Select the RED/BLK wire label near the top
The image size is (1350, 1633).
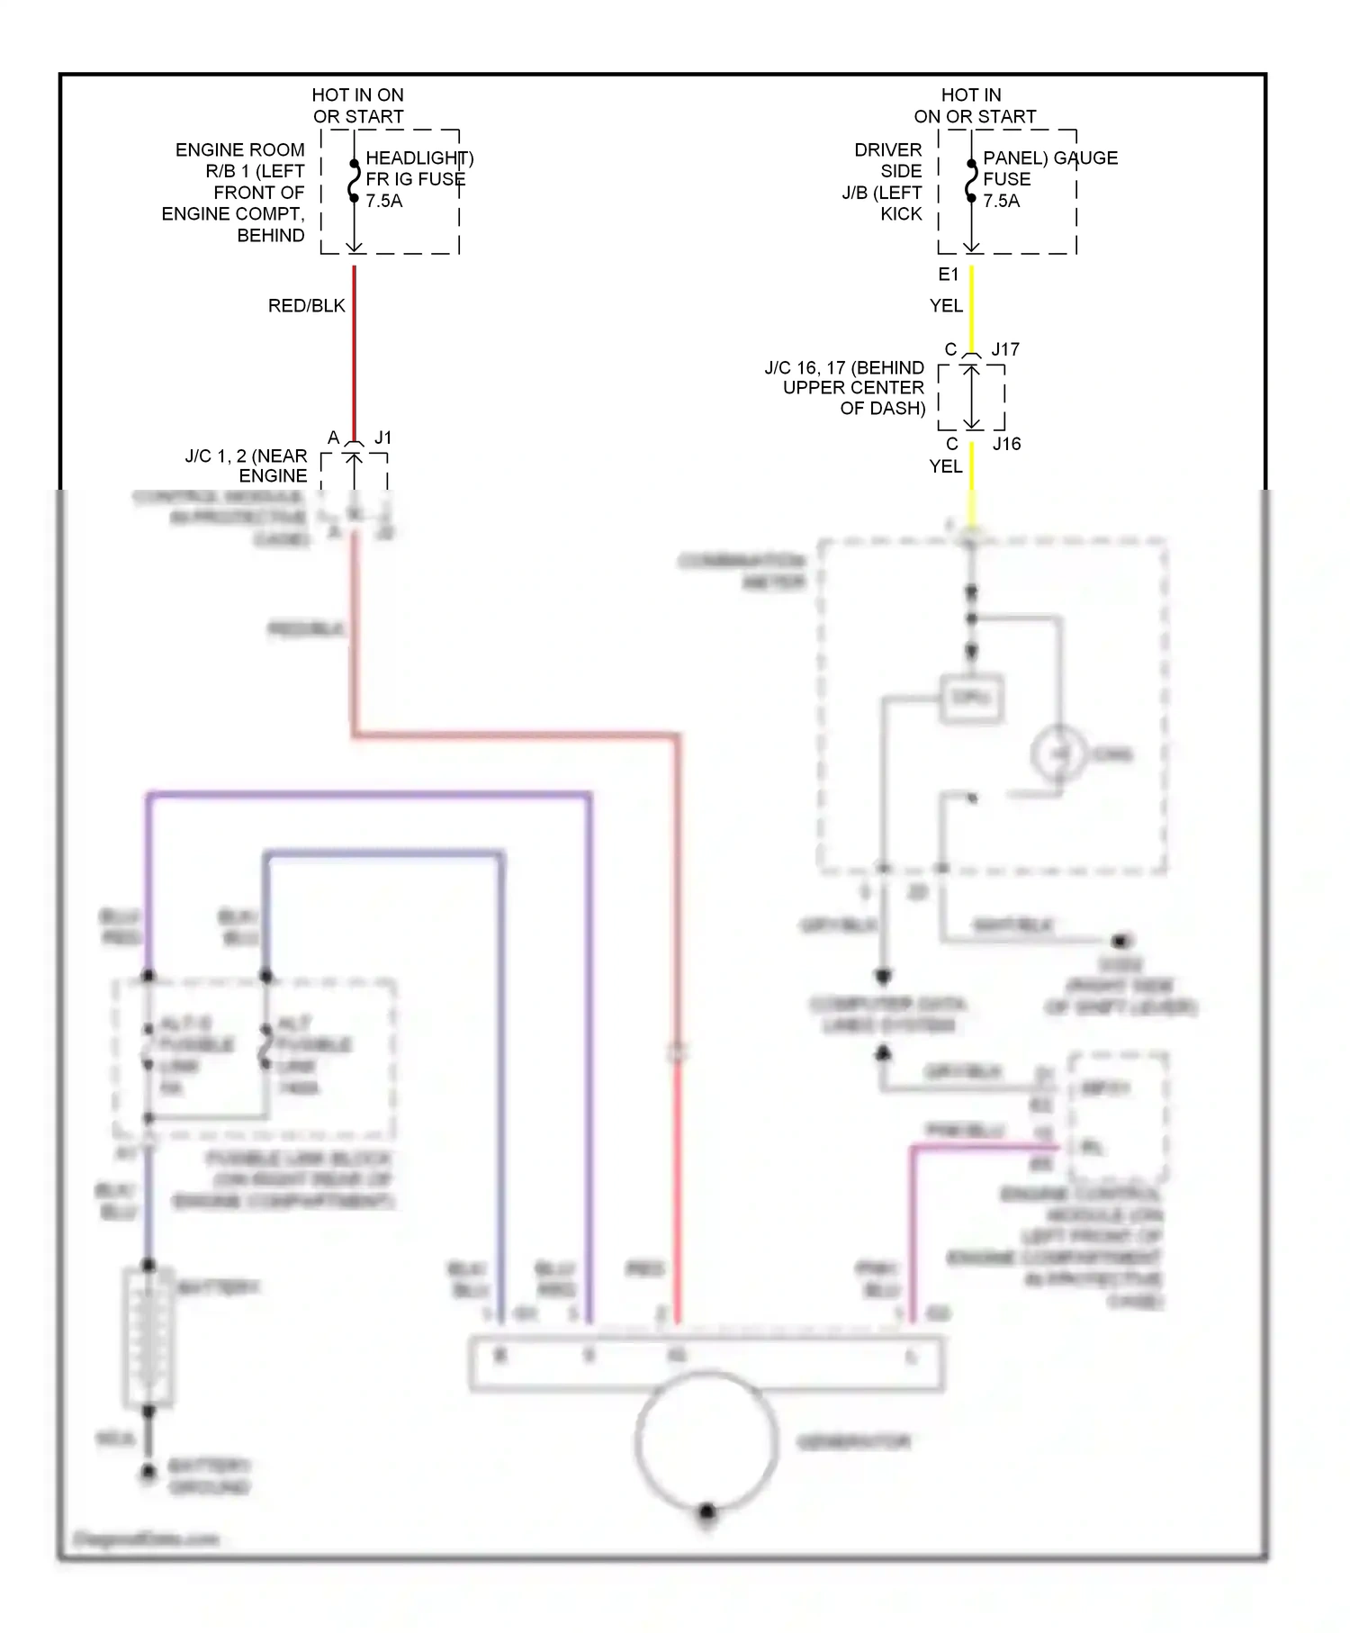(306, 306)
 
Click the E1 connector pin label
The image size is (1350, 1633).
(949, 275)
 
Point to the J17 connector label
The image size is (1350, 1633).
(1004, 349)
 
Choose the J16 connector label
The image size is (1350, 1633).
(1006, 444)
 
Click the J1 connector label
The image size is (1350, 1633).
(383, 438)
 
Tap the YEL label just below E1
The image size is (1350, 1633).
(946, 306)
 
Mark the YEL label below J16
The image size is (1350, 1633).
(946, 466)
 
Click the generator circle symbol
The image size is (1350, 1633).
(706, 1441)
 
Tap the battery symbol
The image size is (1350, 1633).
(148, 1337)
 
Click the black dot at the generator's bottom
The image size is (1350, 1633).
(707, 1511)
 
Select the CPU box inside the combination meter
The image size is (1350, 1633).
(971, 698)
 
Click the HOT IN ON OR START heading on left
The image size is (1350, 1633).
(358, 105)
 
